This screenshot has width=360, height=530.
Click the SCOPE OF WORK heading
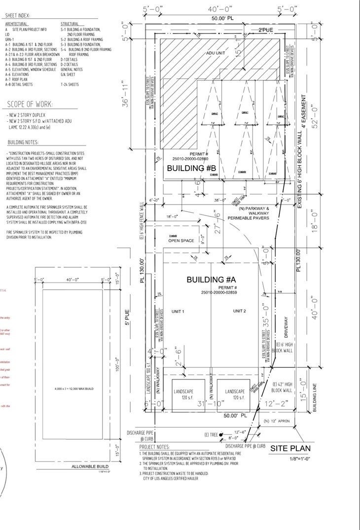tap(30, 104)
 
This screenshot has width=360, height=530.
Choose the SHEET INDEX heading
tap(17, 16)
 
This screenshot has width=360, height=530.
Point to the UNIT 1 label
tap(178, 312)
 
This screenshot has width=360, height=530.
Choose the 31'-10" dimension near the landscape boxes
tap(208, 405)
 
